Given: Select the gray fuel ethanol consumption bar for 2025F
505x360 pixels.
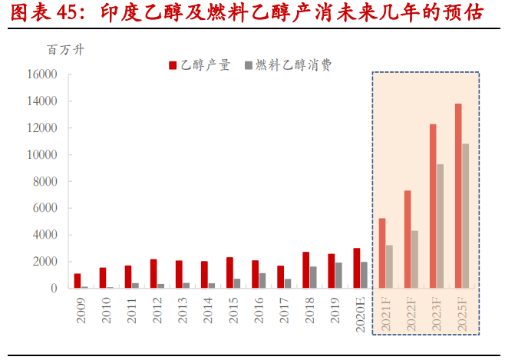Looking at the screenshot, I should click(465, 216).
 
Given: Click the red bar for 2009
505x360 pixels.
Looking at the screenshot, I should click(78, 281).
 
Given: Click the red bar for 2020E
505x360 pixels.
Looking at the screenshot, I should click(357, 268).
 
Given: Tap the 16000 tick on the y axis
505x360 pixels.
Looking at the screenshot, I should click(41, 74).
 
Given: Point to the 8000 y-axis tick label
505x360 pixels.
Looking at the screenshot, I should click(45, 182).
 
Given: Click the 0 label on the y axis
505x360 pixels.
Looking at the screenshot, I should click(54, 289).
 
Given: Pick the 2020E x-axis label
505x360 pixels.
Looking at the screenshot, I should click(361, 314).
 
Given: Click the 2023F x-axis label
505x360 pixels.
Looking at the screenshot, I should click(437, 314).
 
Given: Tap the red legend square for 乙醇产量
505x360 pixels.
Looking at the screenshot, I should click(173, 65).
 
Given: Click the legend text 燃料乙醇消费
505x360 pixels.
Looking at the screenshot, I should click(293, 65).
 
